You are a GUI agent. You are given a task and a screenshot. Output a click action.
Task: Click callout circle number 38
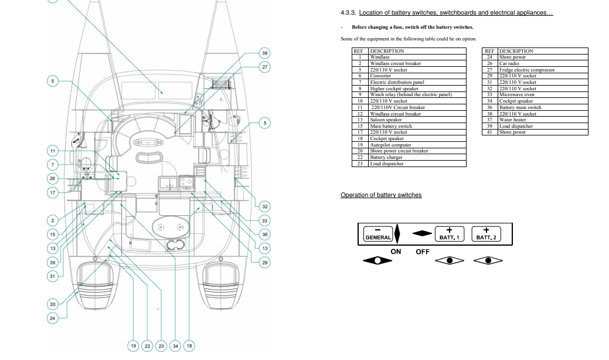265,53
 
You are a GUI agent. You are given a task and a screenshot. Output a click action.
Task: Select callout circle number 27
265,67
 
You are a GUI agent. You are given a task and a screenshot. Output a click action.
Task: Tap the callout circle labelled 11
53,151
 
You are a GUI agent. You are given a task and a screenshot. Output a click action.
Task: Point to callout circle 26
53,178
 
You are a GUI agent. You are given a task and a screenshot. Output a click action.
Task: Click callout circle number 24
53,318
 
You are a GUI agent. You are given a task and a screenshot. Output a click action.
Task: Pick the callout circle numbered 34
175,346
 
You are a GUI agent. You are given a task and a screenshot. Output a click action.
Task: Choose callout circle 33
265,220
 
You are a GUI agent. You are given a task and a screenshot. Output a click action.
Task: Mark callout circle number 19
134,346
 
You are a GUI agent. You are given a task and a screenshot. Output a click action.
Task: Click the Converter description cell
380,76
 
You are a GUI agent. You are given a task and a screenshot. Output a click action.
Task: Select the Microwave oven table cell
516,95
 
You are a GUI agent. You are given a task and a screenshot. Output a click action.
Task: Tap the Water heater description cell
512,120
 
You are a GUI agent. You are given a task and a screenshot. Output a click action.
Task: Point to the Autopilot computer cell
390,145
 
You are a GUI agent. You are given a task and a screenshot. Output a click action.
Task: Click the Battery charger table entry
386,157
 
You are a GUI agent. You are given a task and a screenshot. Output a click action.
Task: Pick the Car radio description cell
509,63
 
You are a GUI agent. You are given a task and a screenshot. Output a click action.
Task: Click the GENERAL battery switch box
378,235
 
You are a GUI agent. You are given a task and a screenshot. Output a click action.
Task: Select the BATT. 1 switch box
450,235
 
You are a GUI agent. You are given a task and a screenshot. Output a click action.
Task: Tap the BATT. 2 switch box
486,235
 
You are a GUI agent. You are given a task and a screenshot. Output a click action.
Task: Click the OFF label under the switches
423,252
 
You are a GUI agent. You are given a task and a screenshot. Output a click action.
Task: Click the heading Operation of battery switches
380,195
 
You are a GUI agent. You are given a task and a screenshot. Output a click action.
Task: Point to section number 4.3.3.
348,12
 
